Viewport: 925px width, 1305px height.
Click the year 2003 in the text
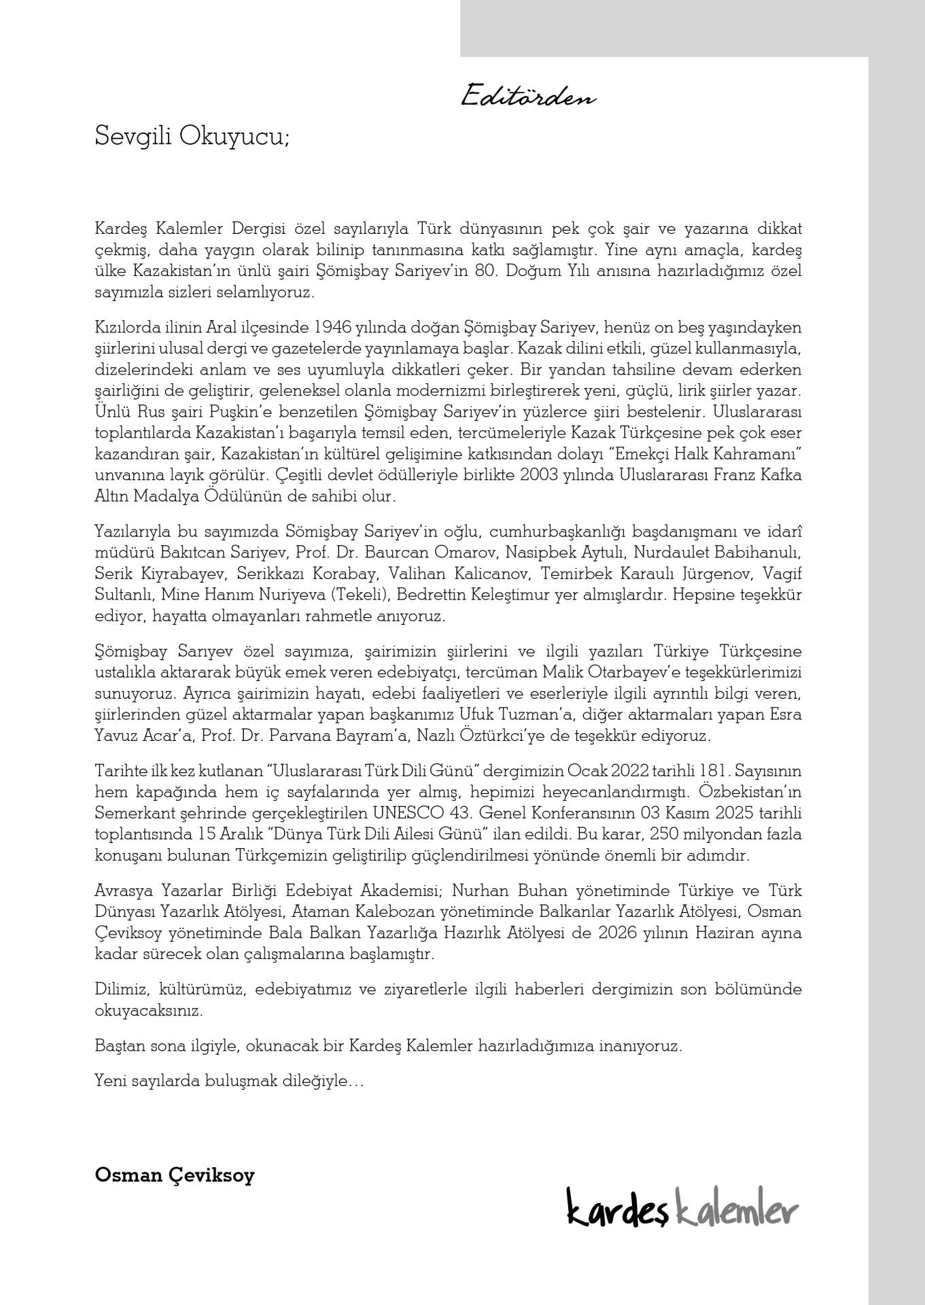(540, 475)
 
